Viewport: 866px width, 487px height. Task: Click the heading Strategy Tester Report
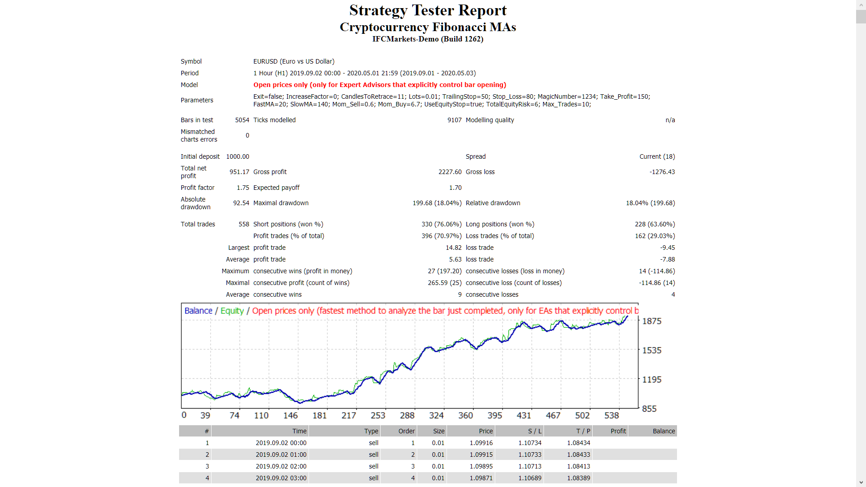(428, 10)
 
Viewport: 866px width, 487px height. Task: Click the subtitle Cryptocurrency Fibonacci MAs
(428, 27)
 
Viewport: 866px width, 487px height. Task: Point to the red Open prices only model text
(379, 85)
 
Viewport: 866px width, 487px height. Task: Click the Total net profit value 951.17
(239, 172)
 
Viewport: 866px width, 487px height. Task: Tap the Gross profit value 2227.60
(450, 172)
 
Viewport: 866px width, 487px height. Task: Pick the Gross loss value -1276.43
(662, 172)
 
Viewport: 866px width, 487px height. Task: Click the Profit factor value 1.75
(243, 188)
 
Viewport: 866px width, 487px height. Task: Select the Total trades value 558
(244, 224)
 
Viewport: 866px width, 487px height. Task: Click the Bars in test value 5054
(242, 120)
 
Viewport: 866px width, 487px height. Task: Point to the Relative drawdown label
(493, 203)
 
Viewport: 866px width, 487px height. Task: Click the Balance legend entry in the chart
(198, 311)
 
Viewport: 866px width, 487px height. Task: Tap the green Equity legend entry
(232, 311)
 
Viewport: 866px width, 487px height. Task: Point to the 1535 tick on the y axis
(651, 350)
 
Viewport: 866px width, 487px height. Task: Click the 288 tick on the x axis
(407, 415)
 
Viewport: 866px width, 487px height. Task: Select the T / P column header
(583, 431)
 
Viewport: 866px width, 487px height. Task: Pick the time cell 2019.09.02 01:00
(281, 455)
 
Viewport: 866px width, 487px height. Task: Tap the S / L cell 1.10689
(530, 478)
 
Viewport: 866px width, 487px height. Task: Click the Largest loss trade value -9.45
(667, 248)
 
